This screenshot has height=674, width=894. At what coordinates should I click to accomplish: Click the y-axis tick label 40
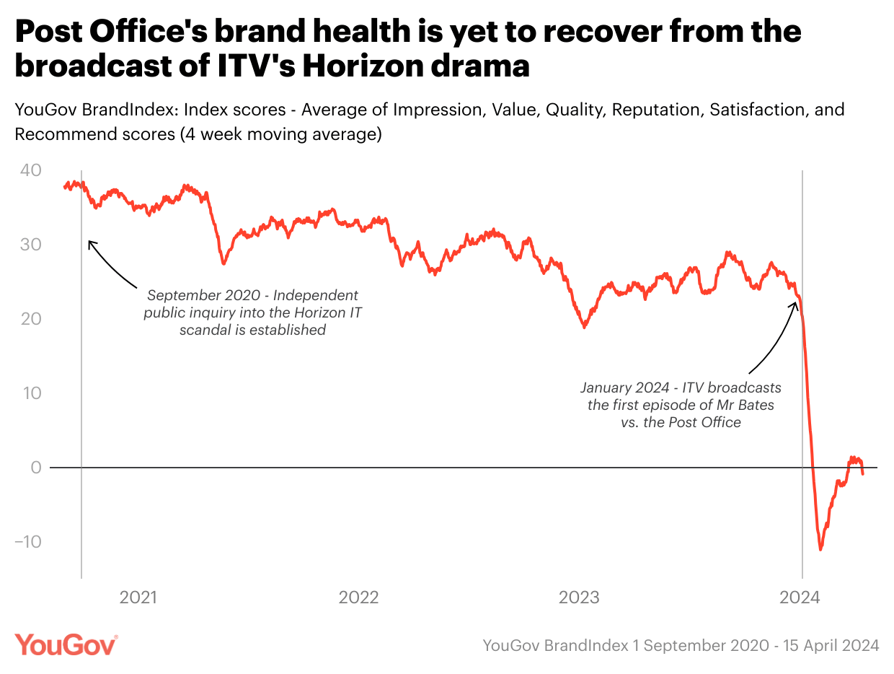click(31, 170)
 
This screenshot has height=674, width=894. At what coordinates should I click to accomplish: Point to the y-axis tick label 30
click(31, 245)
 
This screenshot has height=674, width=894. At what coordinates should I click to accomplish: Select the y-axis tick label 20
click(31, 319)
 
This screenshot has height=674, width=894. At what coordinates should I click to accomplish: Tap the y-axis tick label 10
click(32, 393)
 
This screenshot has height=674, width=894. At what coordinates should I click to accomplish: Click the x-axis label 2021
click(138, 598)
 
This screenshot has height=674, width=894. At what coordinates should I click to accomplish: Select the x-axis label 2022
click(358, 598)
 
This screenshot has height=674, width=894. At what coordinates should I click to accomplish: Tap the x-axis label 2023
click(580, 598)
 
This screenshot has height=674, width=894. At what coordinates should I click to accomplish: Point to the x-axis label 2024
click(800, 598)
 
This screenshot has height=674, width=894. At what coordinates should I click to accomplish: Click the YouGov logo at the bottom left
click(66, 644)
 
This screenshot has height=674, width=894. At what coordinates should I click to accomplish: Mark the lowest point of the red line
click(820, 550)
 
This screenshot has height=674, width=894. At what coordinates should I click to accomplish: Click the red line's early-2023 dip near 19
click(585, 328)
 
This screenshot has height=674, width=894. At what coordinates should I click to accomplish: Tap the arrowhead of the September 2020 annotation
click(89, 242)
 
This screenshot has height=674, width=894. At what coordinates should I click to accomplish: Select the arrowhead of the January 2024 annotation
click(795, 302)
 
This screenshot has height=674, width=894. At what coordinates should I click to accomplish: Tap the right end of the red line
click(863, 473)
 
